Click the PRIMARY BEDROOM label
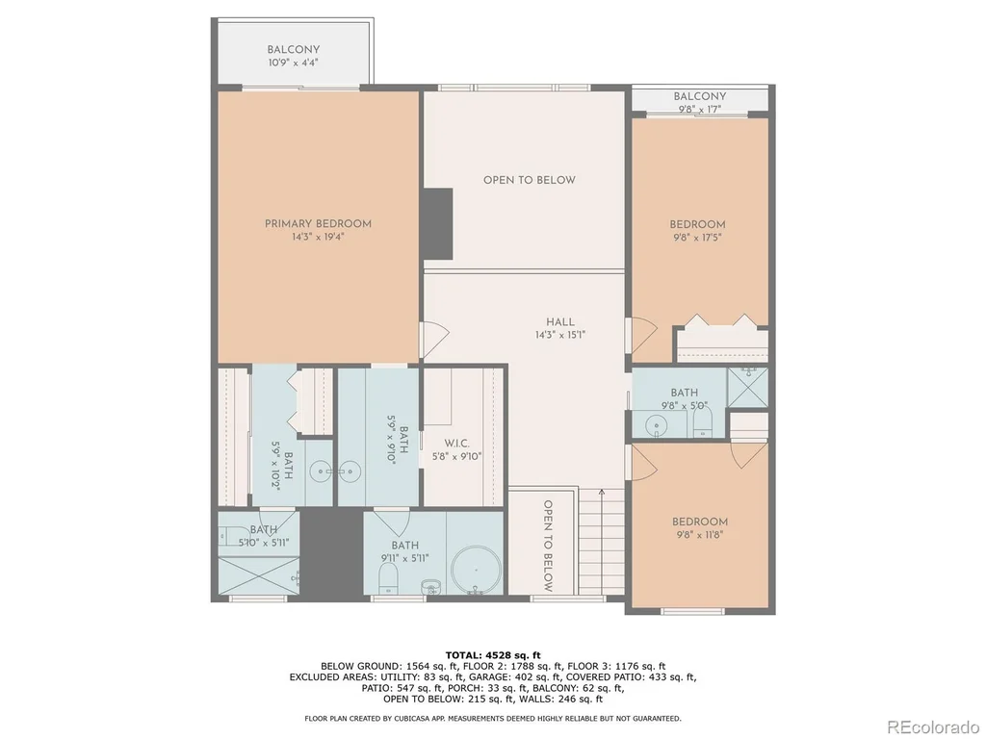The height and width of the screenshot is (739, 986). point(318,223)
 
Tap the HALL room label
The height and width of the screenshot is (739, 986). point(559,321)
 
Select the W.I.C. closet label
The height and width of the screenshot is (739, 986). point(456,444)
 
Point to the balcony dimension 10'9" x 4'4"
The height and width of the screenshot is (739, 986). point(293,63)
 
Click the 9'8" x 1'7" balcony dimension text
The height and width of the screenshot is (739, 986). point(699,110)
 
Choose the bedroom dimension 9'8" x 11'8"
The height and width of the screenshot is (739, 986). point(699,535)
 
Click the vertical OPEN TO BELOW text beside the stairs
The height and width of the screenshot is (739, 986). point(548,546)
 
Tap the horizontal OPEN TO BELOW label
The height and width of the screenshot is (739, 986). point(529,180)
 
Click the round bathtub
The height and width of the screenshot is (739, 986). point(476,571)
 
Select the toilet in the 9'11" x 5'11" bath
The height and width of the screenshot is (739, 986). point(389,577)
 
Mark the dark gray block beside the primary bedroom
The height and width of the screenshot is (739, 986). point(438,223)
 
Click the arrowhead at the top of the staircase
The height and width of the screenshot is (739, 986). point(602,492)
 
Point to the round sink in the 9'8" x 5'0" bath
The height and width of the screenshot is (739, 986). point(656,425)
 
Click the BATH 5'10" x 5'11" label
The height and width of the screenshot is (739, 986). point(264,536)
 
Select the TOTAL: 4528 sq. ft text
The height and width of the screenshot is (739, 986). point(493,655)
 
